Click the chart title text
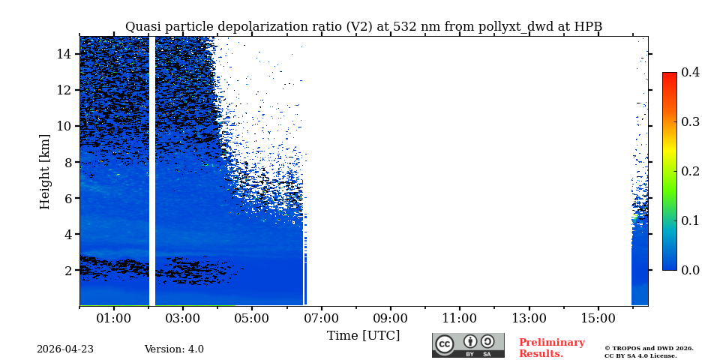click(364, 27)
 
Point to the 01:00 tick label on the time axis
click(114, 318)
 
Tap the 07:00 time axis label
click(321, 318)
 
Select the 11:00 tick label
click(459, 318)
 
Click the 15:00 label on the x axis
click(598, 318)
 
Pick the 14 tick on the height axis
click(64, 54)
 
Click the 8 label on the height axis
click(67, 162)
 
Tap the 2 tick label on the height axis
click(67, 270)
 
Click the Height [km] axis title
click(45, 171)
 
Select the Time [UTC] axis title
click(363, 336)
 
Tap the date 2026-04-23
click(65, 349)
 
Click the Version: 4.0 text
click(174, 349)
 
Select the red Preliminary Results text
click(551, 348)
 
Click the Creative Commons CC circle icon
click(445, 344)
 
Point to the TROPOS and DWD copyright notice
click(649, 352)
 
